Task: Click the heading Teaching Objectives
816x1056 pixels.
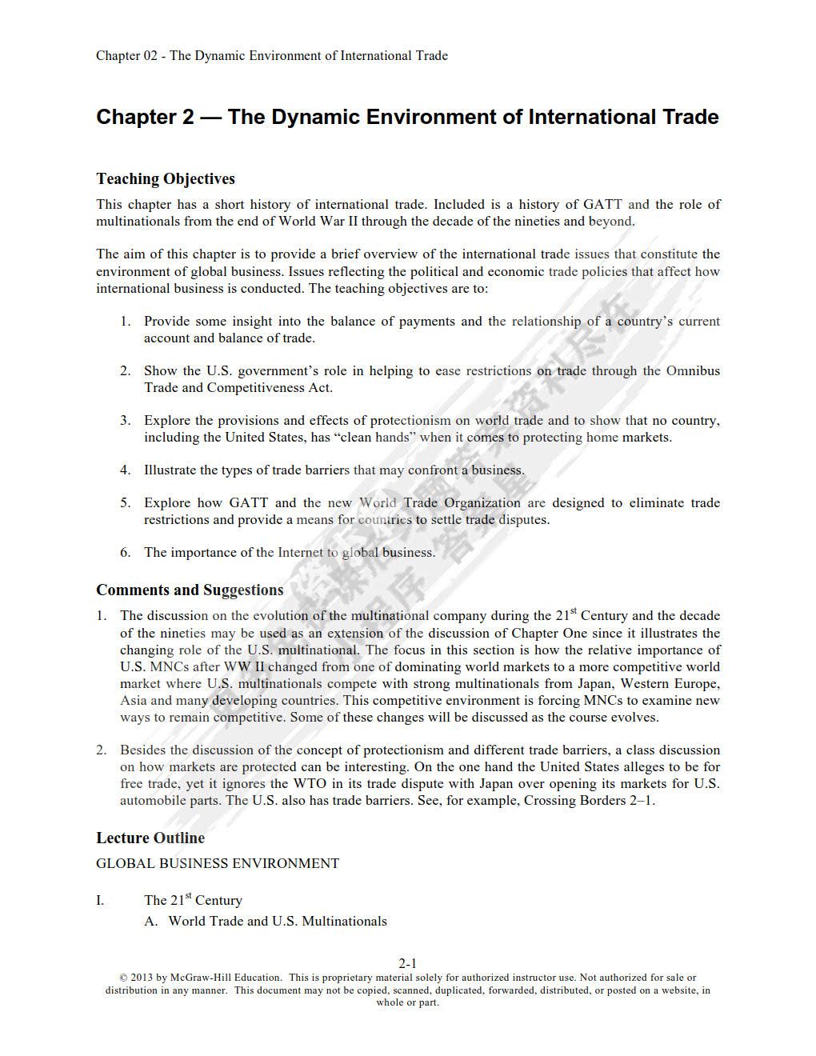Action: (x=166, y=178)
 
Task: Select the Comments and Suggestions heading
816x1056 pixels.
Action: (x=190, y=590)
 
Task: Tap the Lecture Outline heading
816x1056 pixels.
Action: (x=150, y=838)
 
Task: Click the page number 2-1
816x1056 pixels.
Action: (x=408, y=963)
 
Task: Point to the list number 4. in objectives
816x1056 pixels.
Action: (x=126, y=470)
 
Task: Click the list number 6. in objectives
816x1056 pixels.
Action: (x=126, y=553)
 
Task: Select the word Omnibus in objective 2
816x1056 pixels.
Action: (x=693, y=371)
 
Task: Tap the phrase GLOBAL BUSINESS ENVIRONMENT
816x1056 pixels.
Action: (x=218, y=864)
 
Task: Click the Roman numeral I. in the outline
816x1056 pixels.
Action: (x=100, y=901)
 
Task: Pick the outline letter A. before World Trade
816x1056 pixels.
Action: (x=151, y=922)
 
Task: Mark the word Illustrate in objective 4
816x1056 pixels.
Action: (x=170, y=470)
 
